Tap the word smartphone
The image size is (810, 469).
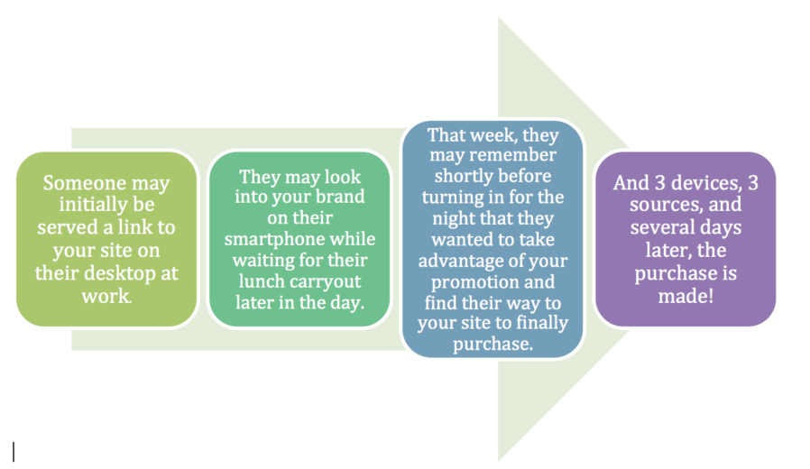coord(274,239)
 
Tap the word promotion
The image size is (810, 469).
coord(471,282)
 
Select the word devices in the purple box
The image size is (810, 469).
coord(705,183)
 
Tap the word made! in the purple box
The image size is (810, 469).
coord(686,296)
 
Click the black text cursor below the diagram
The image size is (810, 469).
coord(14,452)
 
